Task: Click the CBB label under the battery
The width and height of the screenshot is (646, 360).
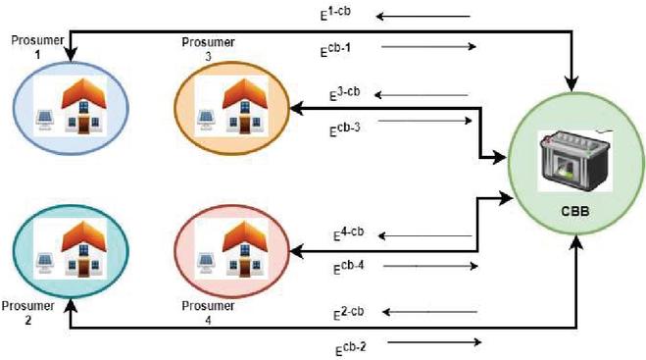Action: pos(575,212)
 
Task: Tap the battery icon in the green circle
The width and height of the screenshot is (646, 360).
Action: pos(575,161)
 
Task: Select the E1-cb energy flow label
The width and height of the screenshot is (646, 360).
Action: pos(335,13)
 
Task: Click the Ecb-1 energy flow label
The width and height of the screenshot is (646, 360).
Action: pos(335,49)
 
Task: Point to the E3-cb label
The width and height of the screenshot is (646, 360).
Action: pos(344,94)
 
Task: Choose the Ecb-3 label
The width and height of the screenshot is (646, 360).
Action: pos(344,129)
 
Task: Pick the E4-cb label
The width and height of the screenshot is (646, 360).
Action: pos(349,233)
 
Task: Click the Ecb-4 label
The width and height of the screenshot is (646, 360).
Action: pos(349,267)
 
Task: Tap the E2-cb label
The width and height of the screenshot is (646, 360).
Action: pos(349,313)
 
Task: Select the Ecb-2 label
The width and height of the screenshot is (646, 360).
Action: pos(350,349)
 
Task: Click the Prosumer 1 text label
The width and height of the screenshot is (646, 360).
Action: pos(37,47)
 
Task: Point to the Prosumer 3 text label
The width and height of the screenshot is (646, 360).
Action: pos(209,49)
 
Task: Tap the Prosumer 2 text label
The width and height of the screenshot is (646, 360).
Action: pos(28,313)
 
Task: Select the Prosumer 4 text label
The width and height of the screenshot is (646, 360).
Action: pos(208,313)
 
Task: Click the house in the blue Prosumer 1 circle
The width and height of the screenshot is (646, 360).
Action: pos(83,106)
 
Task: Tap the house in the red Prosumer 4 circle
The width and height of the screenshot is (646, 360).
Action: pos(245,248)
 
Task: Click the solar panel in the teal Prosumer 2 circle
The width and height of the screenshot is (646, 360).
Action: pos(44,263)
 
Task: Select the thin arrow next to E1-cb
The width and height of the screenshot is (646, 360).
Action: pos(423,17)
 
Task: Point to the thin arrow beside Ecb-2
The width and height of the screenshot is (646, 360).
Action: pos(434,342)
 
